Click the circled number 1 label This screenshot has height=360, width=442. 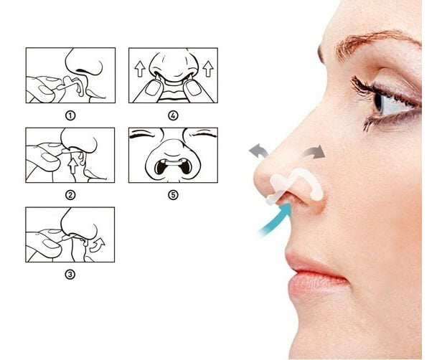tap(70, 113)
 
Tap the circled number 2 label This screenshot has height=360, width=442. tap(70, 194)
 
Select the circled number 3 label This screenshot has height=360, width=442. tap(70, 273)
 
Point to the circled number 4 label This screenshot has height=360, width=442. tap(172, 113)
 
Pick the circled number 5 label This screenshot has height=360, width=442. tap(172, 194)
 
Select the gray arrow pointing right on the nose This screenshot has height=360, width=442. tap(314, 151)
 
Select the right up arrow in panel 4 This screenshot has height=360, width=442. tap(207, 69)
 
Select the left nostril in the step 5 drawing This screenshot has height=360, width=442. tap(162, 166)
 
